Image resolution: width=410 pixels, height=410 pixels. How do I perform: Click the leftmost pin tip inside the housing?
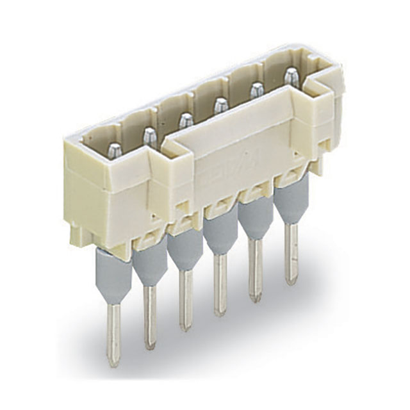(113, 152)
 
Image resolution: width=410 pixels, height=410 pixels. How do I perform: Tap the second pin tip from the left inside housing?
(149, 135)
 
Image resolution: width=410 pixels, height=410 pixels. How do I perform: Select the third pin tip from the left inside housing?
(186, 120)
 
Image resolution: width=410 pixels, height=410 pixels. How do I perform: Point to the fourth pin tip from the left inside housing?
(221, 104)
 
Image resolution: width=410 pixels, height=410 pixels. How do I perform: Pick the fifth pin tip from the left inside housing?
(256, 90)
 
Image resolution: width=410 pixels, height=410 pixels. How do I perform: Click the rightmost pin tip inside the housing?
(291, 76)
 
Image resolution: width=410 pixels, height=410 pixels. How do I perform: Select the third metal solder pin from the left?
(186, 300)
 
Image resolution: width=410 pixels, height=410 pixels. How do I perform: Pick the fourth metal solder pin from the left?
(220, 284)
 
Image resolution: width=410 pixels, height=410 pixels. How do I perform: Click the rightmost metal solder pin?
(291, 253)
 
